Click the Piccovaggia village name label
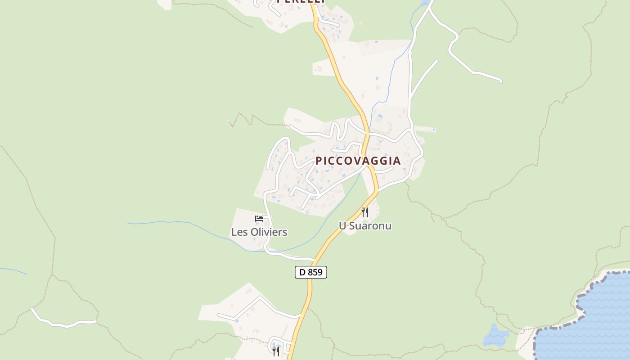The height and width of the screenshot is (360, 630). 358,161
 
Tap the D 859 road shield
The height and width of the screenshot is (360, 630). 310,272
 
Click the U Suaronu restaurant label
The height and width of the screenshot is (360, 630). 365,226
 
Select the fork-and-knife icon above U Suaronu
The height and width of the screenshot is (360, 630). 365,212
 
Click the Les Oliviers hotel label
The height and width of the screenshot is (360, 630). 259,232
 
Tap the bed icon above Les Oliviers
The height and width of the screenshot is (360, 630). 259,219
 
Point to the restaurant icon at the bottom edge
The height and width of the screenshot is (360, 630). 276,351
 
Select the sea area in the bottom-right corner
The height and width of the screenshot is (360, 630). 594,324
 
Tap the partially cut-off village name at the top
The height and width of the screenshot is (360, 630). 301,1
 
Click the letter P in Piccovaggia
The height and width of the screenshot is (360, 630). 319,161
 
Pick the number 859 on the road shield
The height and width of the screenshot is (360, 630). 315,272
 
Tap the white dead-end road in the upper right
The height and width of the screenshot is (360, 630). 477,72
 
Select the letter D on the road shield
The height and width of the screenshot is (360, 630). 302,272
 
